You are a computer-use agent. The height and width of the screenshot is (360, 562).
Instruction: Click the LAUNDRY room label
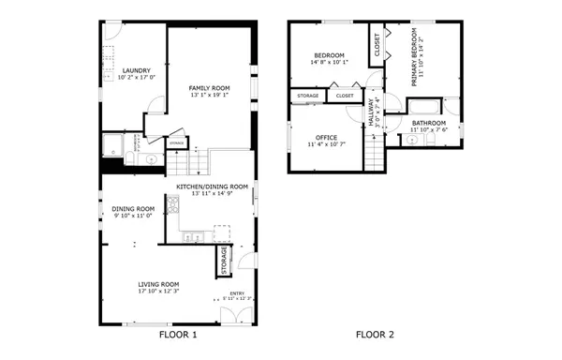(124, 70)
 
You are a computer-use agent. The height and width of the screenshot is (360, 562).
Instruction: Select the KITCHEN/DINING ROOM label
(206, 187)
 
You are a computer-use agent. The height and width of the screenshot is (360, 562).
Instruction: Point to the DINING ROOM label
(133, 208)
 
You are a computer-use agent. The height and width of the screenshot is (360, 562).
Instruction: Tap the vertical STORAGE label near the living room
(224, 261)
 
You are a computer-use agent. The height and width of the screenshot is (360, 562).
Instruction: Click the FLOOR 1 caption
(178, 335)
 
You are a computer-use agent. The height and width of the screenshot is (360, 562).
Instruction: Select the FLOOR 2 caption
(375, 335)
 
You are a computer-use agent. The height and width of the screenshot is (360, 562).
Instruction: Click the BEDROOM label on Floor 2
(329, 55)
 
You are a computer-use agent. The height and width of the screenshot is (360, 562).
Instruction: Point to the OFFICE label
(326, 138)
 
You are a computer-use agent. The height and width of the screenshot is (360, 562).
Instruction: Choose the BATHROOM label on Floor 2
(428, 123)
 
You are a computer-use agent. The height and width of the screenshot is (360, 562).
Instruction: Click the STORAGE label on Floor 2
(307, 96)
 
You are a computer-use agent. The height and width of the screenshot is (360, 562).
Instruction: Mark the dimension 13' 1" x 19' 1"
(209, 95)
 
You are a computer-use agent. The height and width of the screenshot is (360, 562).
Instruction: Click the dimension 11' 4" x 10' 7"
(326, 145)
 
